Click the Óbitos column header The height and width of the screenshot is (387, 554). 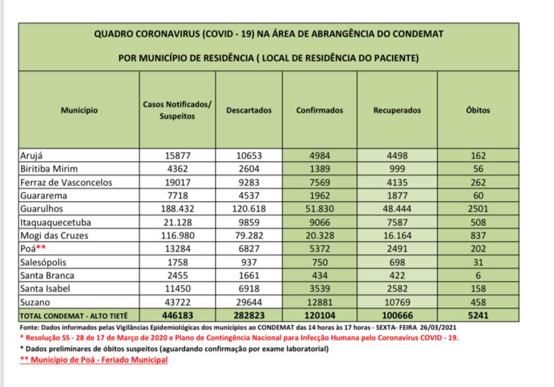tap(477, 111)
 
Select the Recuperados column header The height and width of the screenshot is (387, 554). tap(397, 111)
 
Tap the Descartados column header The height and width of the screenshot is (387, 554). tap(249, 111)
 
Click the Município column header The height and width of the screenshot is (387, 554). tap(79, 111)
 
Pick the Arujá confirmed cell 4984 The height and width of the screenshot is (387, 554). tap(320, 155)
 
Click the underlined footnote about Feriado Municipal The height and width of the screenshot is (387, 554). tap(94, 360)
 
